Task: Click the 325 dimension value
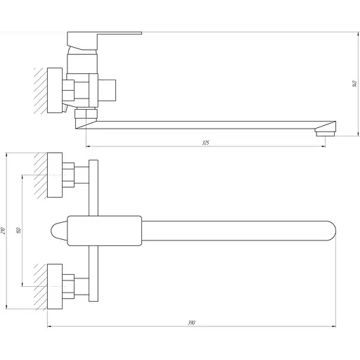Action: click(205, 143)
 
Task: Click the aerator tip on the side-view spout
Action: click(325, 131)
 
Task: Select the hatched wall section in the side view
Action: click(40, 90)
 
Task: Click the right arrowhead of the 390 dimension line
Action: click(335, 327)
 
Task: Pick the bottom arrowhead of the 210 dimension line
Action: click(6, 308)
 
